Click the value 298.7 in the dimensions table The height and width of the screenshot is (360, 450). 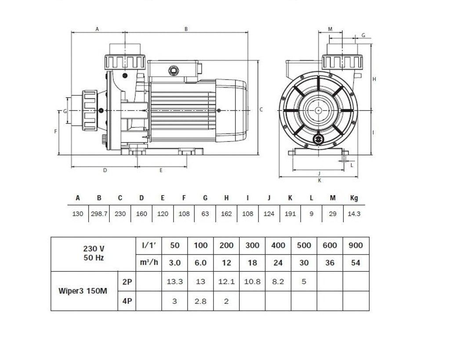[99, 214]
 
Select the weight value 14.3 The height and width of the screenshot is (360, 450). [354, 214]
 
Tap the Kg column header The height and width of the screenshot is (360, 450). [354, 198]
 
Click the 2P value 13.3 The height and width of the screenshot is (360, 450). [174, 281]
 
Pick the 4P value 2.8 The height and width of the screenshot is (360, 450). [200, 302]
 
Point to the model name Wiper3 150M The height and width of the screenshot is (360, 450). [83, 291]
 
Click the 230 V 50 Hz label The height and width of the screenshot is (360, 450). [94, 254]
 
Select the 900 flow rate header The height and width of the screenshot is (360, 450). [356, 245]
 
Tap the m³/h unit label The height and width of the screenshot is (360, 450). [149, 262]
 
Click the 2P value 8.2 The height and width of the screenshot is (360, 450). [278, 281]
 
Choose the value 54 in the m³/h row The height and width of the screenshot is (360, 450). [356, 262]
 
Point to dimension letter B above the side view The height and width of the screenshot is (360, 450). [186, 29]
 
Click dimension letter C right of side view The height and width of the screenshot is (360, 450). [261, 109]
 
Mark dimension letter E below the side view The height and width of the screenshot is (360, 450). [161, 171]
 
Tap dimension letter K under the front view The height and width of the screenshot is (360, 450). [319, 180]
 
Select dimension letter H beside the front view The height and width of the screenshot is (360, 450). [374, 79]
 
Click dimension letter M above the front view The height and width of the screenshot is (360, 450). [330, 29]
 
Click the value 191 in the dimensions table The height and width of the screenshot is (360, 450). [290, 214]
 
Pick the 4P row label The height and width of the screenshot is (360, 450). [127, 302]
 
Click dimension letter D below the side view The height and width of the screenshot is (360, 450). [105, 171]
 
